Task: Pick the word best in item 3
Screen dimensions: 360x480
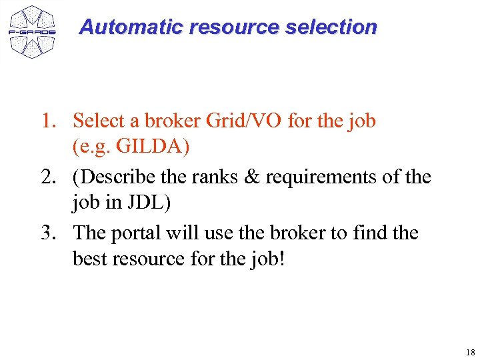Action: [90, 258]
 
